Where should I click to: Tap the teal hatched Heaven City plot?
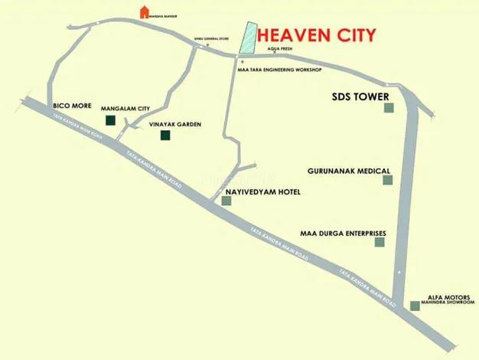248,38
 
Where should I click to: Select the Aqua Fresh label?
281,50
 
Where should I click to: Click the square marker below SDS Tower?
388,108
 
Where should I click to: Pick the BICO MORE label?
69,103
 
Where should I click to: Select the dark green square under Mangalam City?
110,120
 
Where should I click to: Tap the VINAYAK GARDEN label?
175,123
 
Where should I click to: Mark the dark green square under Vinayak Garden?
165,136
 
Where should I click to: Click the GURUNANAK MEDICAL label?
349,171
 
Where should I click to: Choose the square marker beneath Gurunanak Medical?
388,180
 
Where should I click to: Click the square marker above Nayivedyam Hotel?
226,201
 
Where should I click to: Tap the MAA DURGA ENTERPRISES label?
343,232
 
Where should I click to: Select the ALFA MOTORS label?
445,294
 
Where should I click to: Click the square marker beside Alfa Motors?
415,306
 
